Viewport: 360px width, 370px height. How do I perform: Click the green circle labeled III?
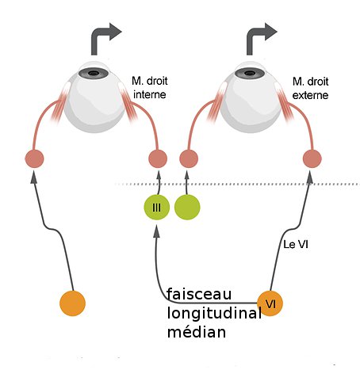coord(156,208)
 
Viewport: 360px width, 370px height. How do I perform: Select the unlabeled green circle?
coord(187,208)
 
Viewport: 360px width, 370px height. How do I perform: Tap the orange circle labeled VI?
coord(270,303)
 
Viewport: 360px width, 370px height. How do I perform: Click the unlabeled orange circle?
coord(72,303)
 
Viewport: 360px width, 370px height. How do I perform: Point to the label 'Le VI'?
coord(296,245)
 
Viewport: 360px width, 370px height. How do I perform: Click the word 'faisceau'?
coord(199,294)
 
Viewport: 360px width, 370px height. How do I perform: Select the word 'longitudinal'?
coord(214,313)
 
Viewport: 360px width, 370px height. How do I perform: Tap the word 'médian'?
coord(197,332)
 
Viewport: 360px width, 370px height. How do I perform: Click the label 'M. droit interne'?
coord(150,88)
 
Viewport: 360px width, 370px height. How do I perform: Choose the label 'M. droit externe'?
coord(310,88)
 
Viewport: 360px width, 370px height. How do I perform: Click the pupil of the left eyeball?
coord(94,73)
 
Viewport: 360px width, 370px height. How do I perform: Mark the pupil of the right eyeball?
coord(249,73)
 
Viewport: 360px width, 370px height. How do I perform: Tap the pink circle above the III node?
coord(158,158)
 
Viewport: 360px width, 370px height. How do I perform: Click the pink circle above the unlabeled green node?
coord(189,158)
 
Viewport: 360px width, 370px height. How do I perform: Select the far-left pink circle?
coord(34,158)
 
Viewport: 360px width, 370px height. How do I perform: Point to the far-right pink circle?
coord(312,158)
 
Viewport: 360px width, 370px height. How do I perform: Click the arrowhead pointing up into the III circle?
coord(157,231)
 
